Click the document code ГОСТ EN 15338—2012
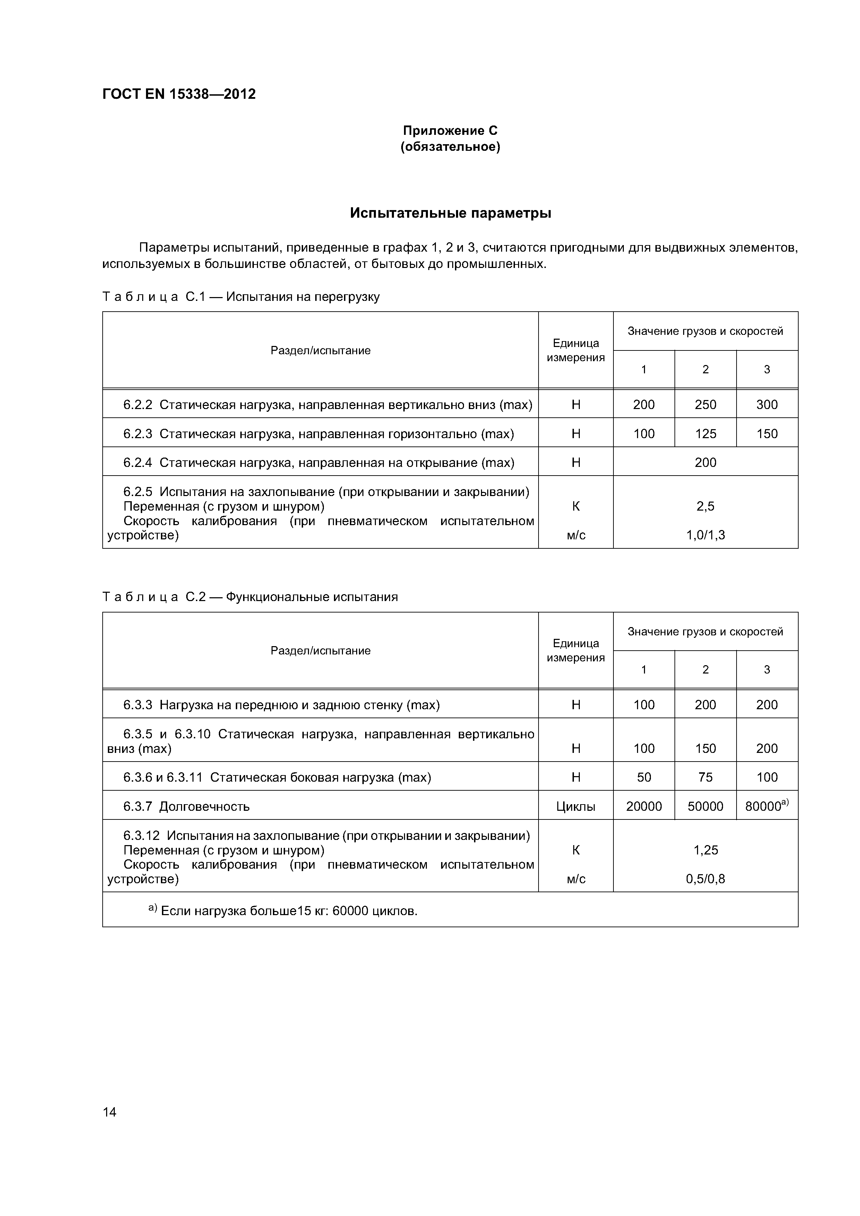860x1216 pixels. pyautogui.click(x=179, y=94)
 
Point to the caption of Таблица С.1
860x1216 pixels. pyautogui.click(x=241, y=297)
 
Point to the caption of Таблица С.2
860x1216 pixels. pyautogui.click(x=250, y=597)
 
